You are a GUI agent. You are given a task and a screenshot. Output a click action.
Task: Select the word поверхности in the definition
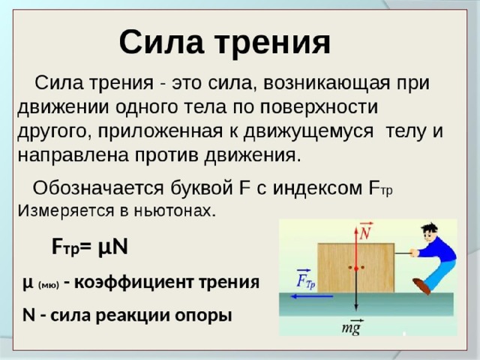coord(319,107)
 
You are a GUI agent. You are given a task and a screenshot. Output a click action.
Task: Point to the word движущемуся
coord(308,132)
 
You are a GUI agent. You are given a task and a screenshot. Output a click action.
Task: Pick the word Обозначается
coord(98,187)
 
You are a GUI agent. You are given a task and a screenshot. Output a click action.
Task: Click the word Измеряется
coord(66,211)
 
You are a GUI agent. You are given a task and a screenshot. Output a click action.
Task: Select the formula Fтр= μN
coord(90,247)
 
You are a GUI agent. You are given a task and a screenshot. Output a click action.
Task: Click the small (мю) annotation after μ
coord(48,285)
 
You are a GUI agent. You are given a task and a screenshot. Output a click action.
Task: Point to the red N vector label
coord(366,231)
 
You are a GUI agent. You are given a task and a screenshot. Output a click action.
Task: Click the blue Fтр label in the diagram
coord(306,279)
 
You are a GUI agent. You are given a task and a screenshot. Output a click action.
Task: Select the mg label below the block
coord(352,328)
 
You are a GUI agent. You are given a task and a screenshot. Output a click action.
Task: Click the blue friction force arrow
coord(312,296)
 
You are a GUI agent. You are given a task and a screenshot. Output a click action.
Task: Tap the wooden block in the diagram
coord(355,268)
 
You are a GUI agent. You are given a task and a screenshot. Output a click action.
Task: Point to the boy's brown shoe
coord(421,286)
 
